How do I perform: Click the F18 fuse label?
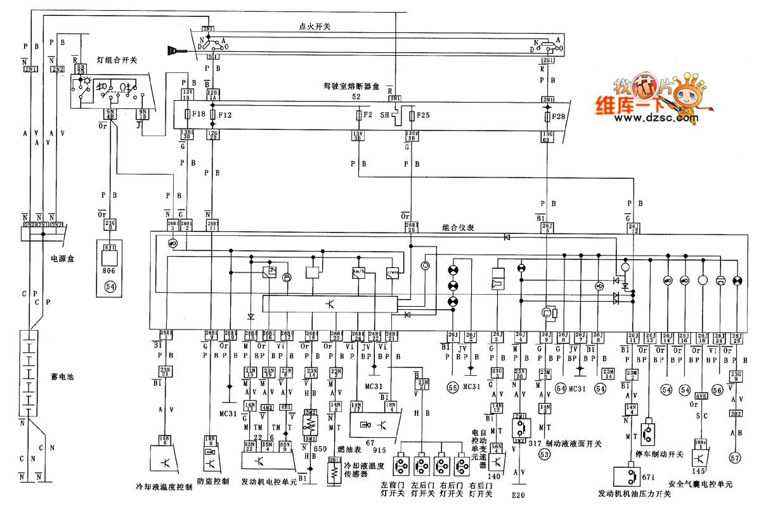[198, 115]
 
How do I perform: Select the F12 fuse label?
[225, 115]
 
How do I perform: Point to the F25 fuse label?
[424, 115]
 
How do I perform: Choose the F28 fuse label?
[559, 117]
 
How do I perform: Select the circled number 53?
[543, 454]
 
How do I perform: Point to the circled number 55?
[452, 387]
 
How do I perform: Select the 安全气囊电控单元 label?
[701, 484]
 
